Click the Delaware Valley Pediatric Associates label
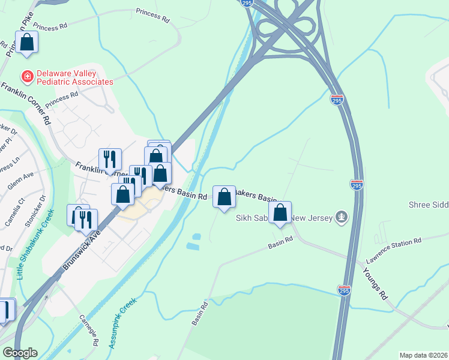coord(74,77)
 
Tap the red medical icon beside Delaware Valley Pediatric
coord(27,77)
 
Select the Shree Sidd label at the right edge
coord(429,205)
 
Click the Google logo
coord(20,353)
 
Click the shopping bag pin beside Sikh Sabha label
coord(280,212)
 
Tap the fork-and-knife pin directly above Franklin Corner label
coord(110,160)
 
